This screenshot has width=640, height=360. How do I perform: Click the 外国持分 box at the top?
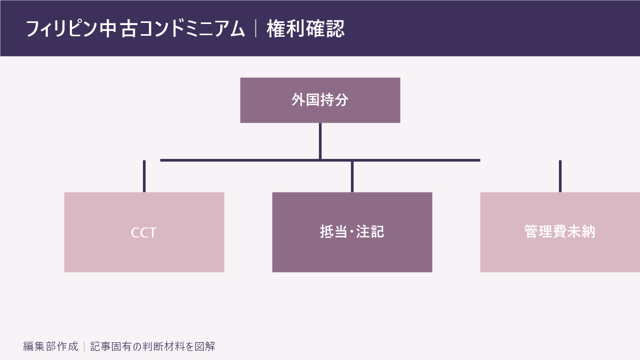[320, 100]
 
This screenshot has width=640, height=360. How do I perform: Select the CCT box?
[145, 233]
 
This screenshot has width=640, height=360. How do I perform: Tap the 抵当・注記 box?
[352, 233]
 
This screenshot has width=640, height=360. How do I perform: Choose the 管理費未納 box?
[560, 233]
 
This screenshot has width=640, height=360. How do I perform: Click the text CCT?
[143, 233]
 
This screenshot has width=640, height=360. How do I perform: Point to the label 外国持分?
[320, 100]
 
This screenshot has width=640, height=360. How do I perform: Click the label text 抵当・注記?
[352, 231]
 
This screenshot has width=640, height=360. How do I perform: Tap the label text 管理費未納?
[559, 231]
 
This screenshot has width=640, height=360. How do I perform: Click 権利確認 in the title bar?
[306, 29]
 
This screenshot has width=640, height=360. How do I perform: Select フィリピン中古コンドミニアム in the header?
[135, 29]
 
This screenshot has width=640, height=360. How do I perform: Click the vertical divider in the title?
[255, 28]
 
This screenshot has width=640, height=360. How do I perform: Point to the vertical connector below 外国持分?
[320, 141]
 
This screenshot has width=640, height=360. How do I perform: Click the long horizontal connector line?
[320, 161]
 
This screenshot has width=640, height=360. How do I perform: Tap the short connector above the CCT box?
[145, 177]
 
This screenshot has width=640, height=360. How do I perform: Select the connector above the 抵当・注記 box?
[352, 177]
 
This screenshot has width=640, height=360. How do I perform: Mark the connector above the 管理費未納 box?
[560, 177]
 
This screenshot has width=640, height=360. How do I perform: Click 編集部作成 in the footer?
[51, 346]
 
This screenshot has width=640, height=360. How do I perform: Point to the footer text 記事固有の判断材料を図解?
[153, 346]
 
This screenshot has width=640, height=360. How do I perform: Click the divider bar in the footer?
[84, 346]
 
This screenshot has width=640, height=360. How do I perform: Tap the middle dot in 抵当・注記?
[352, 231]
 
